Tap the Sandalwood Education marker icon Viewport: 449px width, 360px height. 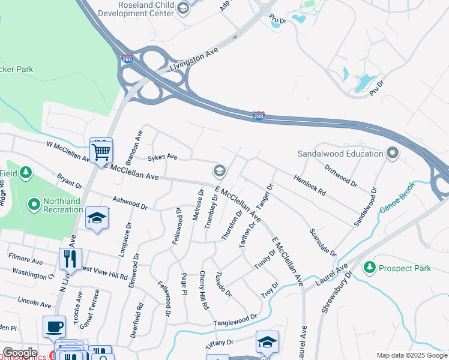click(x=393, y=154)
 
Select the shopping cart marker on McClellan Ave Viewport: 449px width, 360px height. click(x=101, y=151)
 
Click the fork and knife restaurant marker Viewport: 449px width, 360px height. click(x=70, y=259)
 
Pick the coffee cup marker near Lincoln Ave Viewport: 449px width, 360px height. click(x=55, y=327)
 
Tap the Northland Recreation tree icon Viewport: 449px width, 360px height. click(x=34, y=205)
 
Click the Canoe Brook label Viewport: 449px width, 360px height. click(x=397, y=205)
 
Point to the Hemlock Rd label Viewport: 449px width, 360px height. click(x=309, y=185)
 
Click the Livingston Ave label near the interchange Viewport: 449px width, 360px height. click(x=193, y=61)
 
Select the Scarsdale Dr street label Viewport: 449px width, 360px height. click(x=323, y=242)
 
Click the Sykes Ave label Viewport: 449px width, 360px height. click(x=163, y=157)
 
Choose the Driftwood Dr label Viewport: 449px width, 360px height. click(x=341, y=175)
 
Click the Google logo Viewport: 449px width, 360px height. click(x=19, y=353)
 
